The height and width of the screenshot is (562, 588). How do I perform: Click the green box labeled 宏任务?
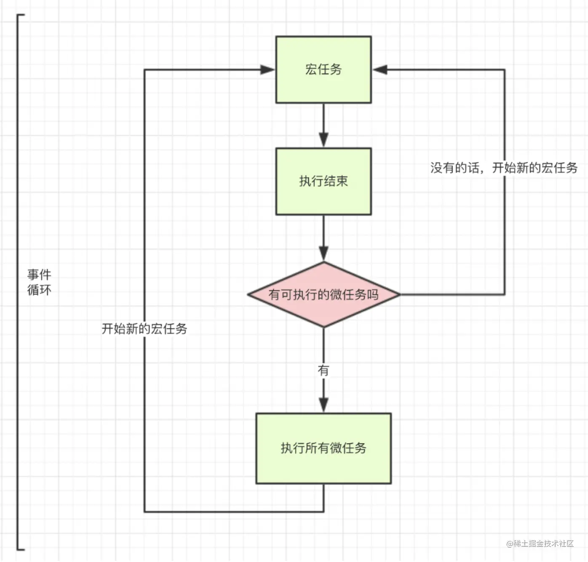pos(323,70)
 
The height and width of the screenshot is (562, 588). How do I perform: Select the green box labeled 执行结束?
pos(323,181)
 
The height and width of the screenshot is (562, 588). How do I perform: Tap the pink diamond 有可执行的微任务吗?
pos(323,294)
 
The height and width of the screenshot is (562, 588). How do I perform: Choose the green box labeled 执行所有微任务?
pos(323,448)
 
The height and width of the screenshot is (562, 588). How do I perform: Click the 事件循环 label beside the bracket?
pos(39,282)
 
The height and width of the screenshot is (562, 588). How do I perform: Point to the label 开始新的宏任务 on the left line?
pos(144,329)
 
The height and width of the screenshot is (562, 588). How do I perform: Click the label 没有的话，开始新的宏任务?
pos(504,168)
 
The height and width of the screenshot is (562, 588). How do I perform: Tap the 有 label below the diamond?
pos(323,370)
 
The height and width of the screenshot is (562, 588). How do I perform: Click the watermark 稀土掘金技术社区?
pos(544,543)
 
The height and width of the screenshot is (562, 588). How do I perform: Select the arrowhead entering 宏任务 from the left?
pos(267,70)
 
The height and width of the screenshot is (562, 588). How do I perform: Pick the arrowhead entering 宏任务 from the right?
pos(380,70)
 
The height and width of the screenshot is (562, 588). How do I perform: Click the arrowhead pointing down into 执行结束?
pos(323,140)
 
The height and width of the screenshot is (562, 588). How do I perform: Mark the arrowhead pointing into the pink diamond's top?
pos(323,254)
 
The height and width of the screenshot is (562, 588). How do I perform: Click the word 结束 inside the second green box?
pos(336,181)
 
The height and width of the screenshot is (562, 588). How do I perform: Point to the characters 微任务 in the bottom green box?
pos(348,448)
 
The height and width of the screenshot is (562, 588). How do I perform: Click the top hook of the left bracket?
pos(21,15)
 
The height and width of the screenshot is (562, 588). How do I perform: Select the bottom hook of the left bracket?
pos(21,549)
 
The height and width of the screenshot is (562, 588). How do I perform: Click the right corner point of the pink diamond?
pos(401,294)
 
